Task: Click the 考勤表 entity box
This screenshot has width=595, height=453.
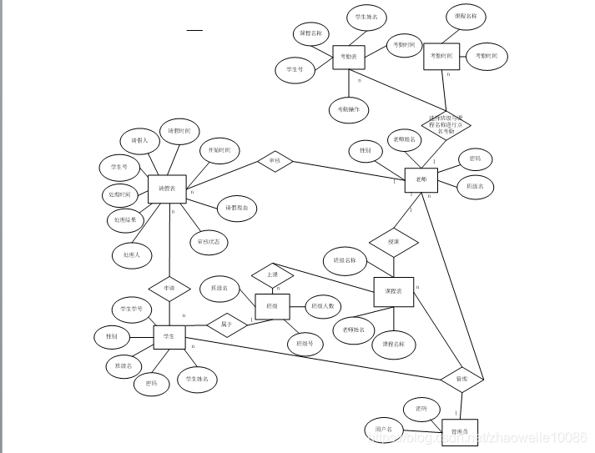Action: tap(350, 57)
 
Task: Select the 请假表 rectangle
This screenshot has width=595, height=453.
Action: tap(167, 189)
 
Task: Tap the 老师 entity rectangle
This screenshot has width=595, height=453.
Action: tap(421, 179)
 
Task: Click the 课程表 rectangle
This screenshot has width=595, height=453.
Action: tap(393, 289)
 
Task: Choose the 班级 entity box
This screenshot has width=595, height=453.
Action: tap(272, 306)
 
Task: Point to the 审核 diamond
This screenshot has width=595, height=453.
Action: tap(275, 160)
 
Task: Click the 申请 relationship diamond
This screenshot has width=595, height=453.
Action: tap(169, 288)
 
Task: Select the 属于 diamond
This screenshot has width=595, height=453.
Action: tap(227, 325)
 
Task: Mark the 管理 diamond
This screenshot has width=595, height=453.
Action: tap(461, 380)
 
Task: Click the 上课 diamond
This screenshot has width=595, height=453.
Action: tap(273, 274)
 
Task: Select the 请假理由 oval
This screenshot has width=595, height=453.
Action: tap(237, 208)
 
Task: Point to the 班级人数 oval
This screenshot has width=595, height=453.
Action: tap(323, 306)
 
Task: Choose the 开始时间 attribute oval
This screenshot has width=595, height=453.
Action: tap(220, 151)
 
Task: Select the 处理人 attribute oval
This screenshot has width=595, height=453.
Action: tap(132, 254)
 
